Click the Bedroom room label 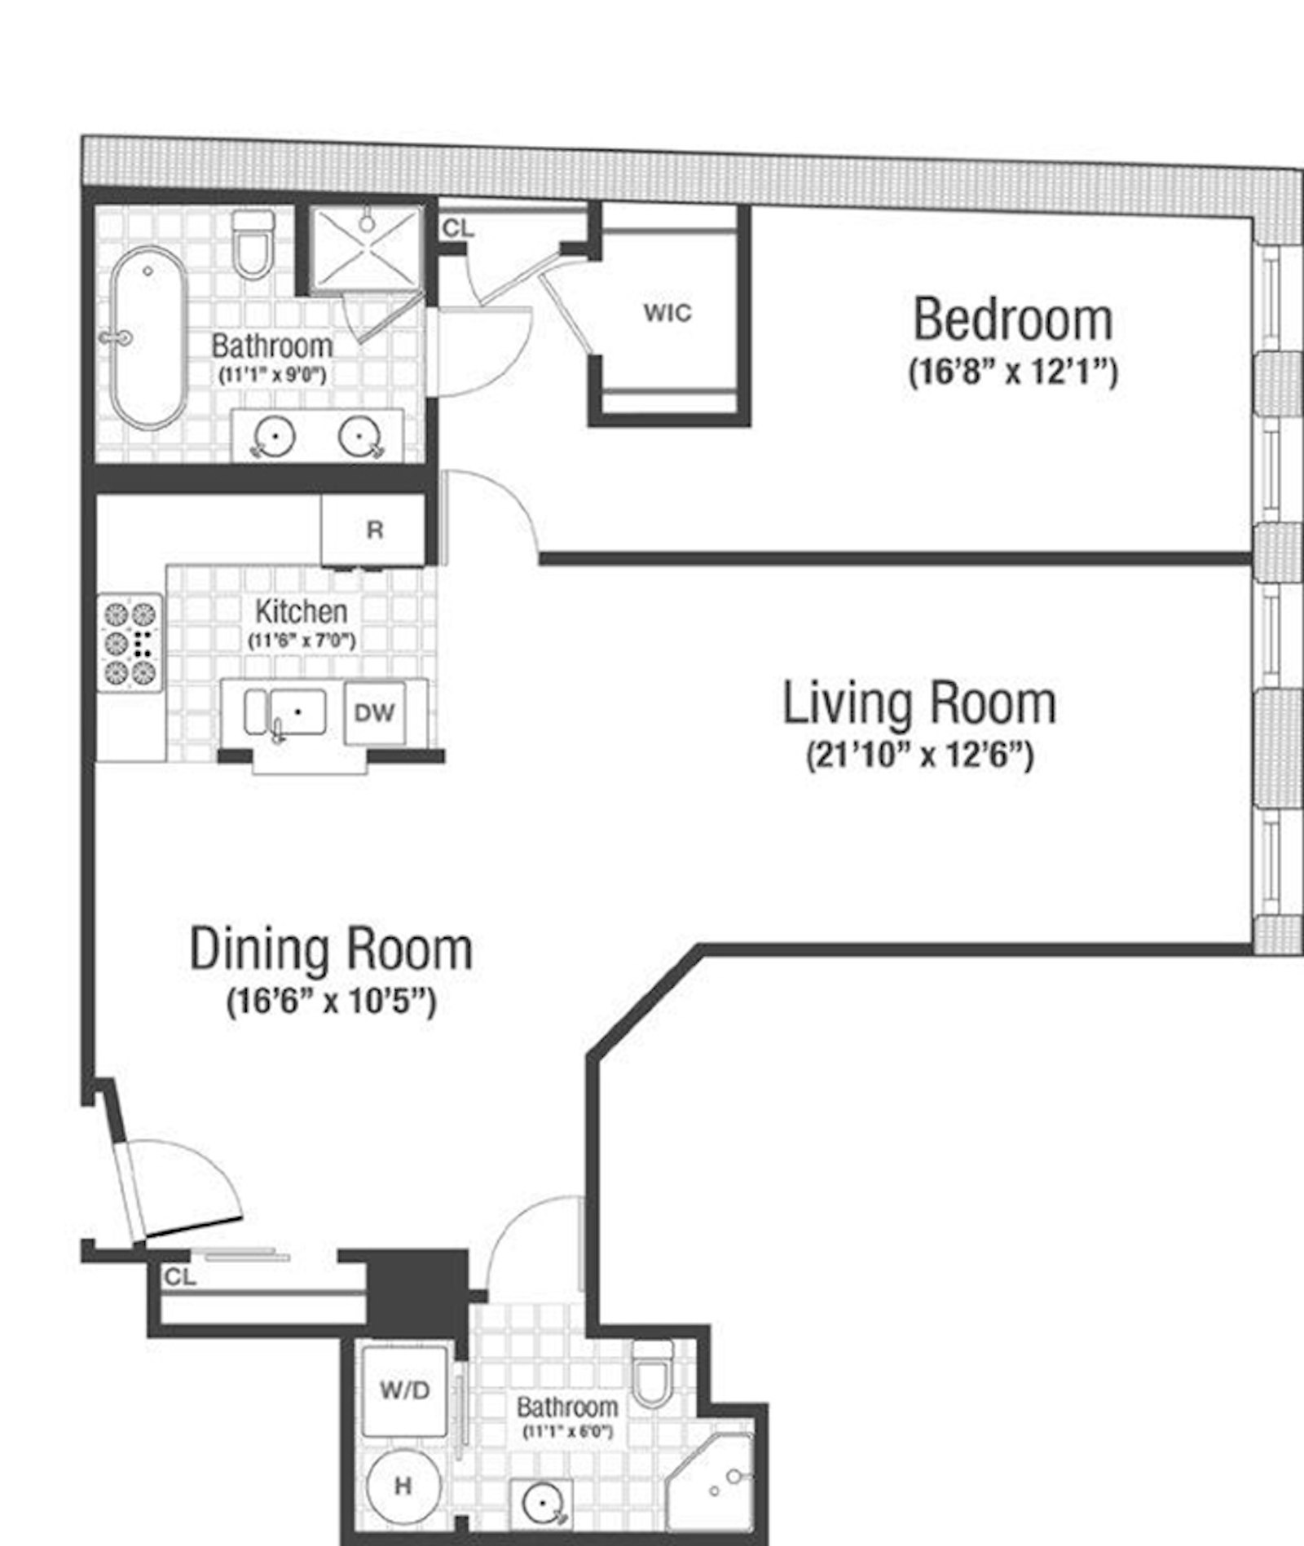[1012, 319]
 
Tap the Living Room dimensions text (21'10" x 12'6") [919, 755]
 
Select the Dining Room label [331, 949]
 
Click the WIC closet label [667, 313]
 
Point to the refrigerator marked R [374, 531]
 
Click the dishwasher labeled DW [374, 713]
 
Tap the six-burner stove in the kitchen [130, 643]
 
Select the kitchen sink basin [297, 711]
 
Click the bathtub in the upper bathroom [148, 336]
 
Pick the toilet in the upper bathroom [253, 244]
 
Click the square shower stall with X [367, 249]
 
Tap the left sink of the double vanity [275, 437]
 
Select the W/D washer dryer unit [404, 1391]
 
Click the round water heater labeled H [403, 1486]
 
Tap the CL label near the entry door [180, 1278]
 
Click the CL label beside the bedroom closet [458, 229]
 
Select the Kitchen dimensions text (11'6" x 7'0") [302, 641]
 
